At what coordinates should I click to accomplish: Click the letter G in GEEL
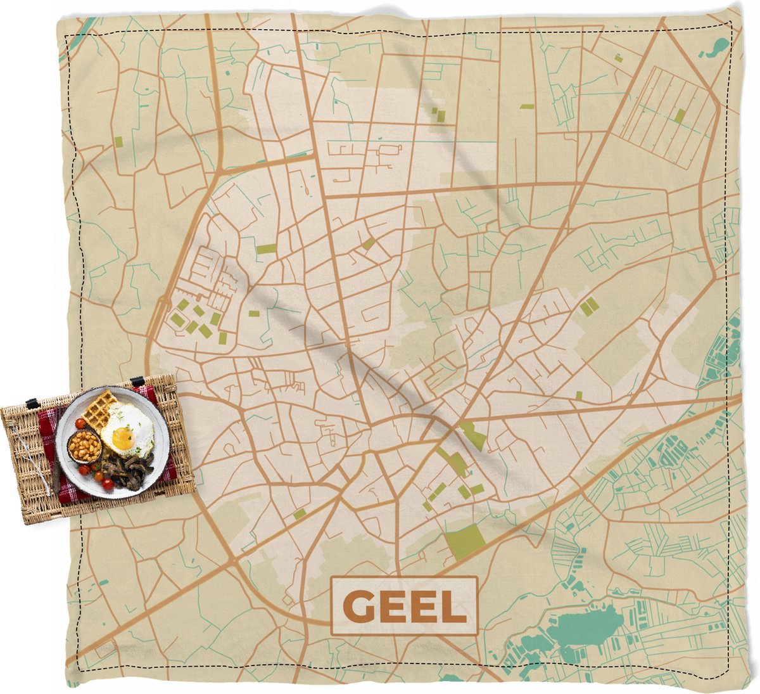tap(359, 607)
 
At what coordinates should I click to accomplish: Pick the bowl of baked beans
tap(85, 447)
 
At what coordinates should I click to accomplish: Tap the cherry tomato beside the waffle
tap(80, 423)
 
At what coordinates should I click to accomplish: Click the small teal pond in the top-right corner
tap(718, 45)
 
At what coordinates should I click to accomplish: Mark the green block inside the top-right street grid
tap(680, 115)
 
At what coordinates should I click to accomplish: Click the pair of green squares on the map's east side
tap(589, 306)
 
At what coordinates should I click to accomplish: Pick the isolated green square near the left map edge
tap(118, 141)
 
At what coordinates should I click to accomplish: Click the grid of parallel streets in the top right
tap(668, 117)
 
